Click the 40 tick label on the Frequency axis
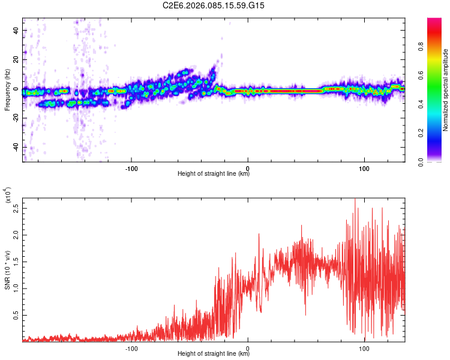coord(16,31)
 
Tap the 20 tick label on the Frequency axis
coord(16,60)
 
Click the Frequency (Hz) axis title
coord(7,90)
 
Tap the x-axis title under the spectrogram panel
coord(214,174)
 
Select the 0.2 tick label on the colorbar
coord(438,133)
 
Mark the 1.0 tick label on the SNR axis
coord(16,288)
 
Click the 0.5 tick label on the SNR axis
coord(16,314)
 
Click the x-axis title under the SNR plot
coord(214,354)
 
